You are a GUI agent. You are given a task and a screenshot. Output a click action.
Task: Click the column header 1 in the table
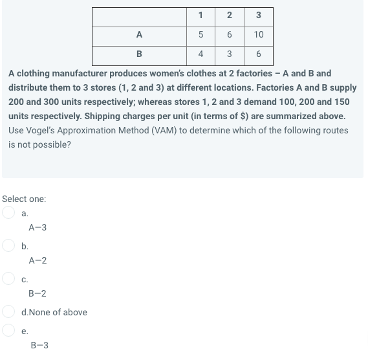(202, 16)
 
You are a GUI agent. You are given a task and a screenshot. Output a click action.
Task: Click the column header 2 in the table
(230, 16)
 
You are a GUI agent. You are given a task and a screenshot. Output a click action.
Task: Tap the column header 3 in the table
(258, 16)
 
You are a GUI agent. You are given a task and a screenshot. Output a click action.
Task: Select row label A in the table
(140, 34)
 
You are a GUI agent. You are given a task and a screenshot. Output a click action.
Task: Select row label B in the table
(140, 54)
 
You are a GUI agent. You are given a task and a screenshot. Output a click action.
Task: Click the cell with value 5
(202, 34)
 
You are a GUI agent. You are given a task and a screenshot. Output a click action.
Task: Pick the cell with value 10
(258, 34)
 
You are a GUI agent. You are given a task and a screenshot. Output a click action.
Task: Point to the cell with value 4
(202, 54)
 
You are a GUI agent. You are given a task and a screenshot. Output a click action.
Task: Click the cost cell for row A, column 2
(230, 34)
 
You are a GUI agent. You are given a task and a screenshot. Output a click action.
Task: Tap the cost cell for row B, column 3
(258, 54)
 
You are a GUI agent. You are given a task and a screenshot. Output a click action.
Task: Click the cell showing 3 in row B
(230, 54)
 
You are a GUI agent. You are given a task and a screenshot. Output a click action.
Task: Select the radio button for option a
(9, 212)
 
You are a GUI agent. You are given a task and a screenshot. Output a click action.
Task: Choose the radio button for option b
(9, 246)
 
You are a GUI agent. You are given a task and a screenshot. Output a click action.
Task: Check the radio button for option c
(9, 279)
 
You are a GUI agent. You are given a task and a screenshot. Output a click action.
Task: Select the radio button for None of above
(9, 312)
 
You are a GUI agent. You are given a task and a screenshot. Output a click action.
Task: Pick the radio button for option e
(9, 330)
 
